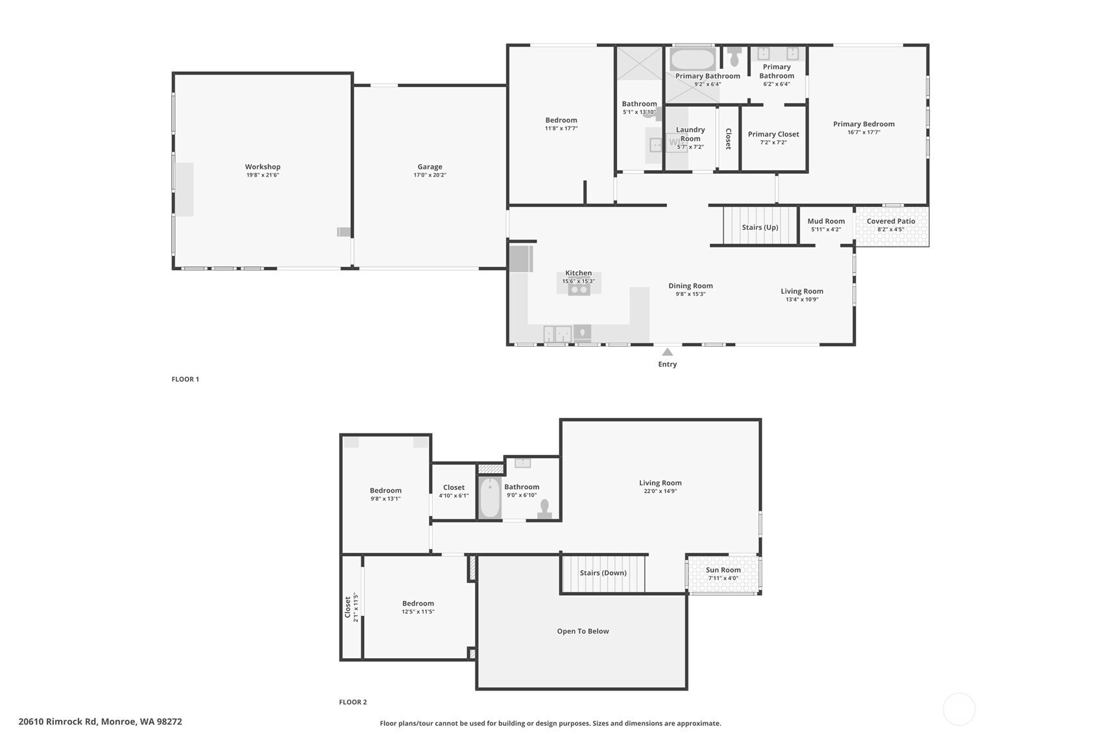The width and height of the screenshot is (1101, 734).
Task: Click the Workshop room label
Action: (x=263, y=167)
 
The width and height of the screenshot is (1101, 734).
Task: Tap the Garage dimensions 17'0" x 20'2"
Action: (x=430, y=175)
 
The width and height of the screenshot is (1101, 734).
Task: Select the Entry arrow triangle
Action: (x=667, y=352)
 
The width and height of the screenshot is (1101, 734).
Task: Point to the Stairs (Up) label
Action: (x=760, y=227)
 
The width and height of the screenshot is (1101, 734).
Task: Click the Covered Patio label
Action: (x=891, y=221)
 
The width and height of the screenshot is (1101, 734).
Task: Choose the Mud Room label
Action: (x=826, y=221)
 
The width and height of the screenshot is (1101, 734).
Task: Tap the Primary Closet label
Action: (x=773, y=134)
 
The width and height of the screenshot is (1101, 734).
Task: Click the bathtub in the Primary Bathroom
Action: (x=692, y=60)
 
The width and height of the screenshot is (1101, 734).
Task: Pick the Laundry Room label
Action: (x=690, y=134)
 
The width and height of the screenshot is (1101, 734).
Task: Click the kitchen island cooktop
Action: (x=579, y=289)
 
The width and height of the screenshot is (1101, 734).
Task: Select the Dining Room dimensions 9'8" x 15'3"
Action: (x=690, y=294)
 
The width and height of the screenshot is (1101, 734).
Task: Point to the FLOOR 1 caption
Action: (x=186, y=379)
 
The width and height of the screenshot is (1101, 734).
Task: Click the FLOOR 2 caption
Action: (x=353, y=702)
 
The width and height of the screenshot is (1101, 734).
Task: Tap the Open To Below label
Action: (x=583, y=631)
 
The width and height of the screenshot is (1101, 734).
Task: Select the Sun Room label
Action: (x=723, y=570)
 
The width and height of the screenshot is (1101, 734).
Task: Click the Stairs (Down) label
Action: (x=603, y=573)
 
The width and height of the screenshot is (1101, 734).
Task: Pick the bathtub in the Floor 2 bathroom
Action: (x=490, y=498)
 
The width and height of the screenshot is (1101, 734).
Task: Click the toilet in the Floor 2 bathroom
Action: (x=544, y=509)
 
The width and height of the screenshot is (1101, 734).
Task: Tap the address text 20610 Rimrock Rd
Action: (x=58, y=722)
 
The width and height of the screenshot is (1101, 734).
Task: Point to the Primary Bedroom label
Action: (x=864, y=124)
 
